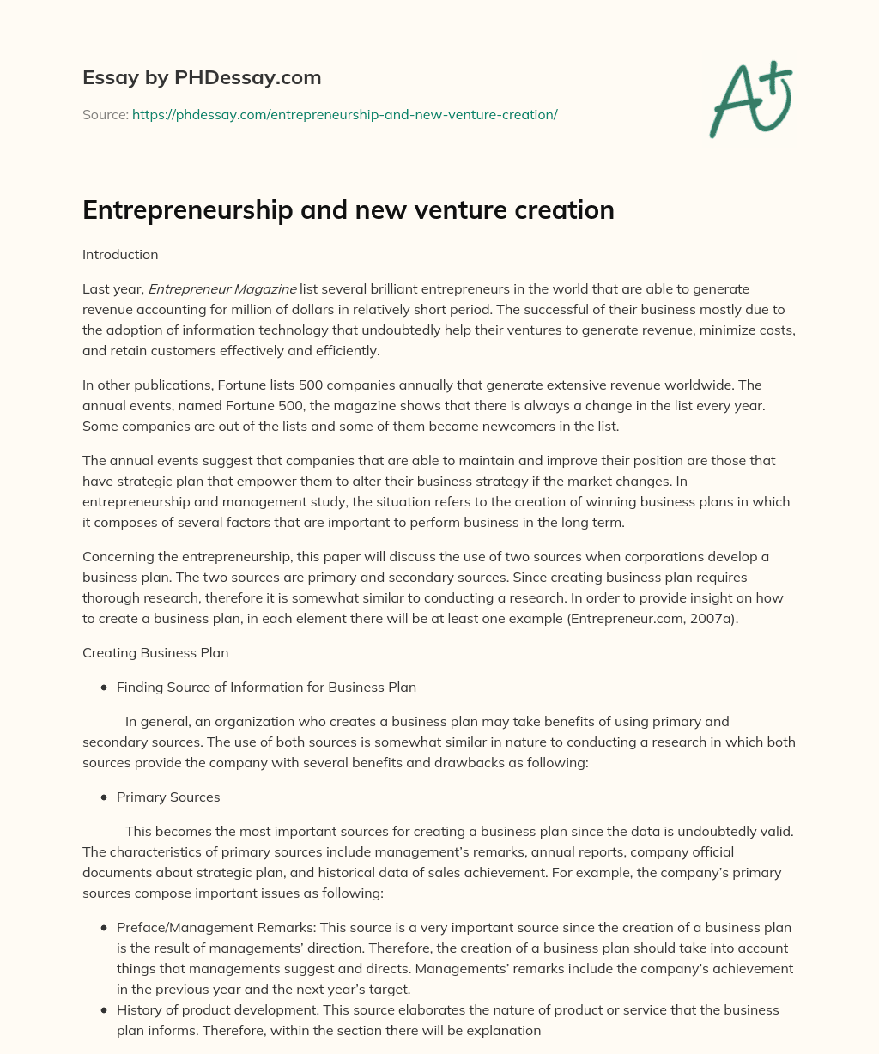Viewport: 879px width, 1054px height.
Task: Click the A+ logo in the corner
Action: click(749, 100)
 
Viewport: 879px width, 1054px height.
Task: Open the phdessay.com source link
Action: click(344, 114)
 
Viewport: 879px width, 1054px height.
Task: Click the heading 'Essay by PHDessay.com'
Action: click(202, 78)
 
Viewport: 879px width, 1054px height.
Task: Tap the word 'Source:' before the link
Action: click(105, 114)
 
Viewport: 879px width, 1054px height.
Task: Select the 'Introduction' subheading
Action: click(120, 255)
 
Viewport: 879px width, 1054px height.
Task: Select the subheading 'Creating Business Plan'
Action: click(155, 653)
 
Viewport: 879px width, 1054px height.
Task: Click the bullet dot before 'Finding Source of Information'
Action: click(104, 688)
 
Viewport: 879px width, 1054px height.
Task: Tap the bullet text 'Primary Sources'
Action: click(168, 797)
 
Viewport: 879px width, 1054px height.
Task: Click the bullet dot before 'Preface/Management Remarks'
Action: click(104, 928)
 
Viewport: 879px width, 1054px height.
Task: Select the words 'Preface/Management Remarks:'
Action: click(202, 928)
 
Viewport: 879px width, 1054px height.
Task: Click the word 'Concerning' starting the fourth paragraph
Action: click(117, 557)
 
